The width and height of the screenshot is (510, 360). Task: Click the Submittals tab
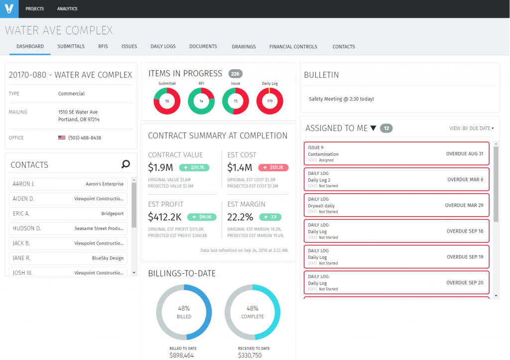point(71,46)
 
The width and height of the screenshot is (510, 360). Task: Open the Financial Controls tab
point(293,47)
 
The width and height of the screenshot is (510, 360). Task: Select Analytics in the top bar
point(67,9)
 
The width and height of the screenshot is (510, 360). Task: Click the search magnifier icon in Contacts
point(126,164)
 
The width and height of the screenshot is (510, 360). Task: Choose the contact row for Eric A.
point(68,214)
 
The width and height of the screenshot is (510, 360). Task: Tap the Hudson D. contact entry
point(68,229)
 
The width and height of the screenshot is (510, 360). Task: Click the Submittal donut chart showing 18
point(167,101)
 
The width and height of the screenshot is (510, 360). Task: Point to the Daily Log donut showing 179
point(270,101)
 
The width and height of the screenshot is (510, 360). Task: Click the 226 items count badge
point(236,74)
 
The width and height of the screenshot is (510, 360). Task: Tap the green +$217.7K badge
point(194,168)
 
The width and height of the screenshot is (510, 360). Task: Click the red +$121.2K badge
point(273,168)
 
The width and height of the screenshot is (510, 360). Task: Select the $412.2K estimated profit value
point(165,217)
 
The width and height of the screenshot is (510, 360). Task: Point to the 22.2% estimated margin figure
point(240,217)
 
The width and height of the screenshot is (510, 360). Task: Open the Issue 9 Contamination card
point(396,154)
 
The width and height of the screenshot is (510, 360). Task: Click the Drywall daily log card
point(396,205)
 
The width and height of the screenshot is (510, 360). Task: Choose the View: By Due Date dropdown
point(471,128)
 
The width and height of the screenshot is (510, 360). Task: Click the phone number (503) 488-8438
point(85,138)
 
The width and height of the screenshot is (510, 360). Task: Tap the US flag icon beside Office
point(62,138)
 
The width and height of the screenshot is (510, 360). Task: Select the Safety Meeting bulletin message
point(341,99)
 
